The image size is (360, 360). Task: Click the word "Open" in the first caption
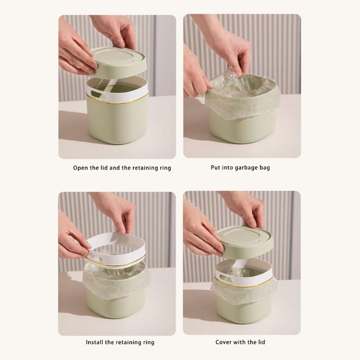pos(81,168)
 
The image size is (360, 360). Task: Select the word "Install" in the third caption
pos(96,342)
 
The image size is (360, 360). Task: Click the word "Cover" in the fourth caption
pos(225,342)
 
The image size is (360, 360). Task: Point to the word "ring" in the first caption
pos(164,168)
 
